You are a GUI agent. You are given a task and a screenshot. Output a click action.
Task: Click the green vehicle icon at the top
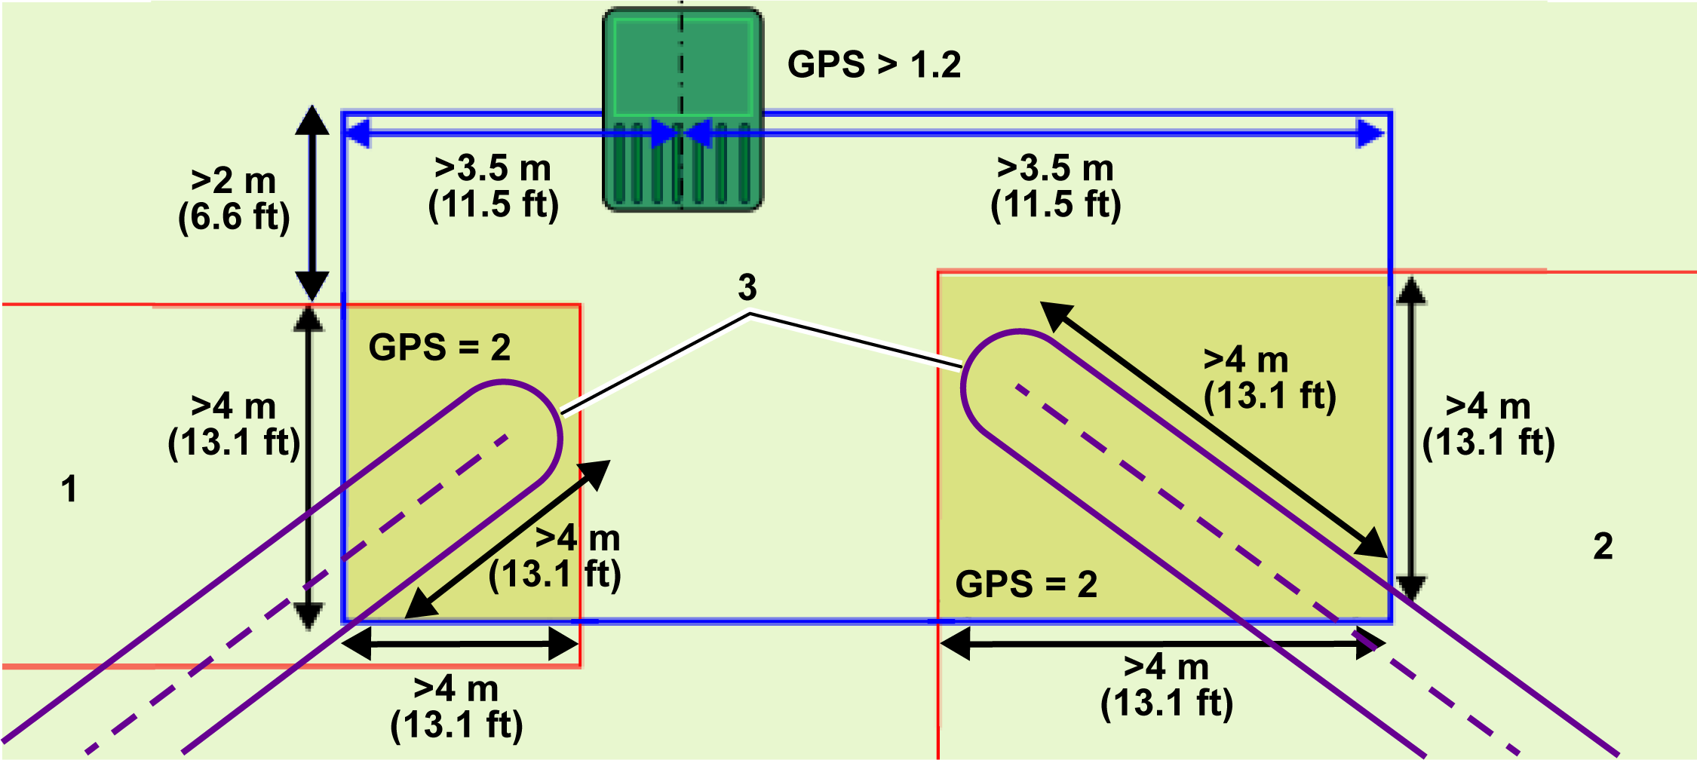[683, 109]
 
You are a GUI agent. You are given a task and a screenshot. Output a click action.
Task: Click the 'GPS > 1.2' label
[874, 65]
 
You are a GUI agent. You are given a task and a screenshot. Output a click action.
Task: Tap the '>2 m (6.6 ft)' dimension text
[234, 199]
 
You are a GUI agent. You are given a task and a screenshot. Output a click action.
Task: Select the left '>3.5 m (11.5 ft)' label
[493, 187]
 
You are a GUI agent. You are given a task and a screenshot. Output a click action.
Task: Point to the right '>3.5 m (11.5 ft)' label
[1056, 187]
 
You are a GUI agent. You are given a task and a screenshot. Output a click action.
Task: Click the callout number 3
[747, 287]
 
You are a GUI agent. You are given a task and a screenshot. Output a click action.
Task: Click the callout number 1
[69, 489]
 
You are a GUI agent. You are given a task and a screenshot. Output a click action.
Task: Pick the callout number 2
[1603, 546]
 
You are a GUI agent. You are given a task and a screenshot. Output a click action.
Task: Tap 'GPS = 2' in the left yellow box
[440, 348]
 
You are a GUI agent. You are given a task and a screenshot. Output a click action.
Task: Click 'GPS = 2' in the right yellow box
[1026, 584]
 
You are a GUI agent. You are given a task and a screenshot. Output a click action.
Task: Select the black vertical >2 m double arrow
[311, 204]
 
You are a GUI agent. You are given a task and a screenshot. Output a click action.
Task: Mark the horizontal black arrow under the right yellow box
[1162, 644]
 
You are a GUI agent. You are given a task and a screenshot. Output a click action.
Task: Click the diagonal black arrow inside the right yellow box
[1214, 430]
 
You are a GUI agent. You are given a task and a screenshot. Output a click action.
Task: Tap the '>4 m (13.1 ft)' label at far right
[1488, 424]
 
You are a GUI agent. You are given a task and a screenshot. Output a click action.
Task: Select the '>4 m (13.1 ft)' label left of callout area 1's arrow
[234, 424]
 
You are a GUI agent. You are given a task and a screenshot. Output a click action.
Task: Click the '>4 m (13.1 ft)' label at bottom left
[456, 707]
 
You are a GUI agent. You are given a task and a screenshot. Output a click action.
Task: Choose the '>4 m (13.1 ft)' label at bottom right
[1167, 685]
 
